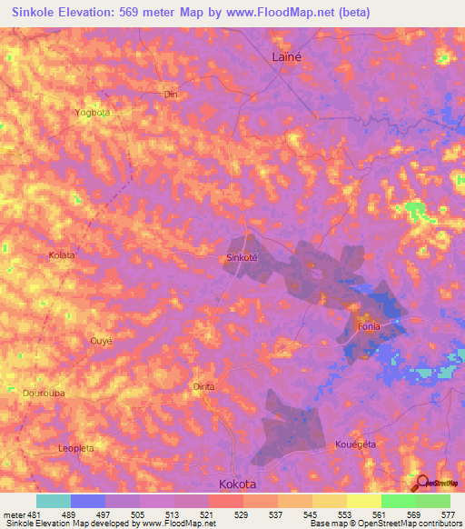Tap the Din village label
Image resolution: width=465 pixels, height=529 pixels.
coord(169,94)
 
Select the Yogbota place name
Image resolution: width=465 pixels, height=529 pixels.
coord(92,113)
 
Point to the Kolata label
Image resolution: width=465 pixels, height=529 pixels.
coord(61,256)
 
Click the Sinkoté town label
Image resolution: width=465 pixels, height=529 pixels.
coord(242,257)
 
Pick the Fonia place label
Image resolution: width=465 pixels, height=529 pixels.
coord(368,326)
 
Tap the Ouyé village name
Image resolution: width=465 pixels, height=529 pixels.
coord(101,340)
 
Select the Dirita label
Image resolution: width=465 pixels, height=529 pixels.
coord(203,386)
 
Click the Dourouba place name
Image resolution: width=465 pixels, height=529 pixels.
coord(40,394)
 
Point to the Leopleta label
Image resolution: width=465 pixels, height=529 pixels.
coord(76,448)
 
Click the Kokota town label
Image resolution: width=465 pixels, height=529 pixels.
coord(241,484)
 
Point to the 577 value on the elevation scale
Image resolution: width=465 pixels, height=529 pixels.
coord(450,514)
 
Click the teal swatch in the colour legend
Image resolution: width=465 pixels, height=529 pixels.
coord(54,501)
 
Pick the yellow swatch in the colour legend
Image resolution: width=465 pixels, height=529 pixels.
coord(363,501)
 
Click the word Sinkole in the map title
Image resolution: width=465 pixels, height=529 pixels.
coord(36,13)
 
